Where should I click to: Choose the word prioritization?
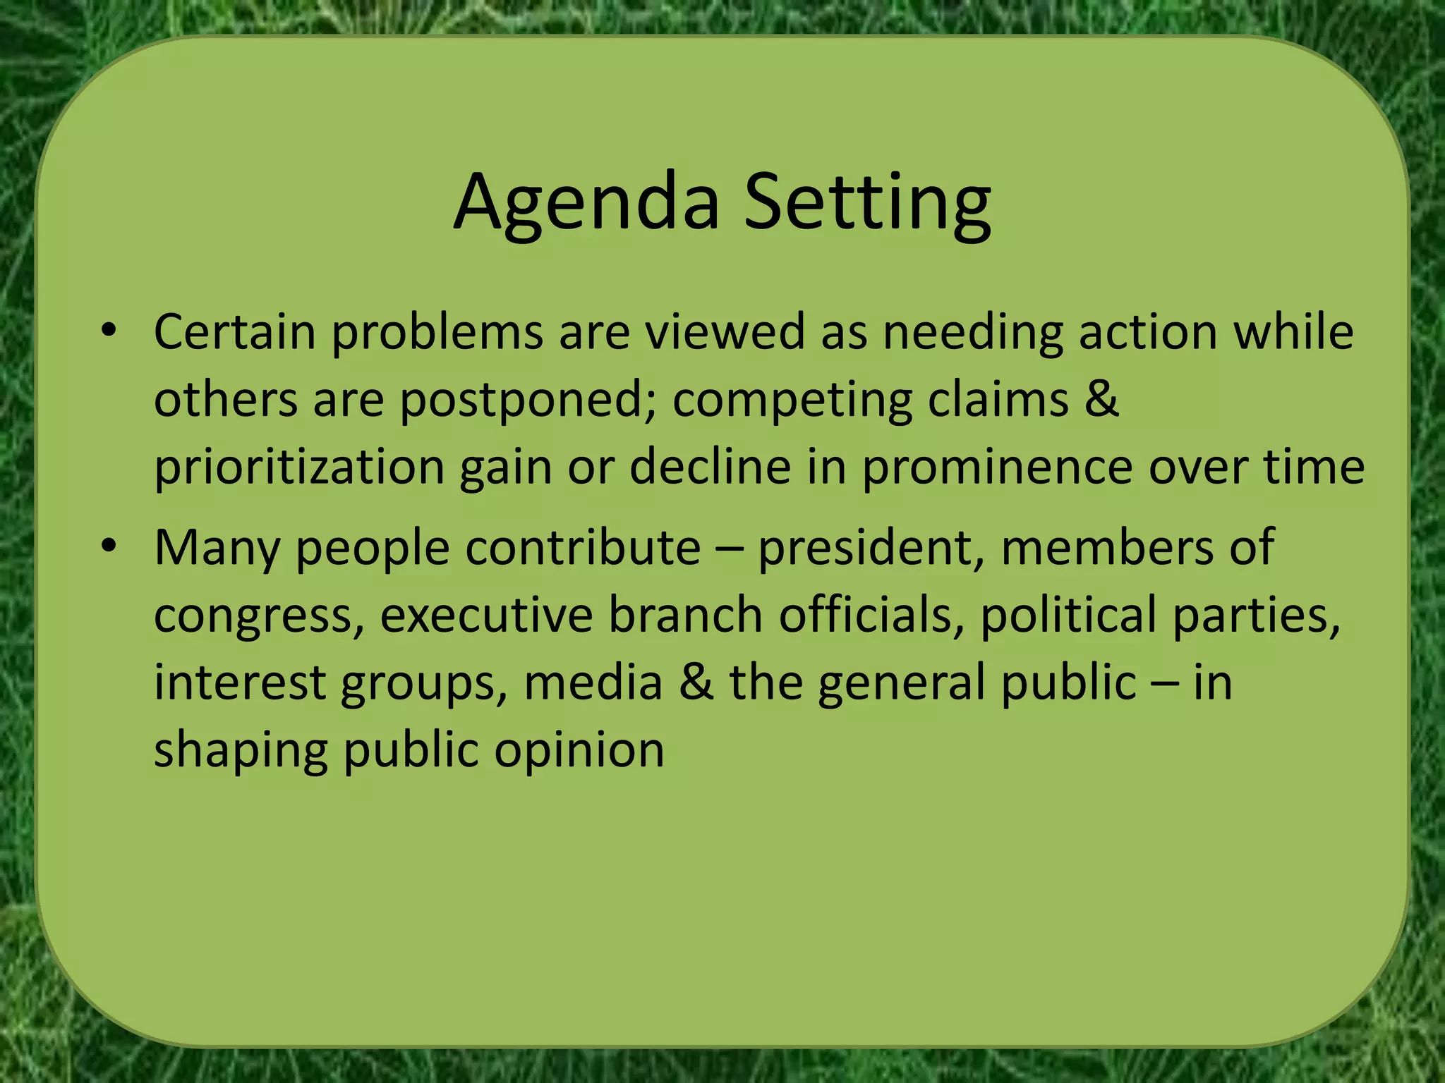299,468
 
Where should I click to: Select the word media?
593,683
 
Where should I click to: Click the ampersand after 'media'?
696,683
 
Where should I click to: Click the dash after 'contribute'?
729,549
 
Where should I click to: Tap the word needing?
973,331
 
